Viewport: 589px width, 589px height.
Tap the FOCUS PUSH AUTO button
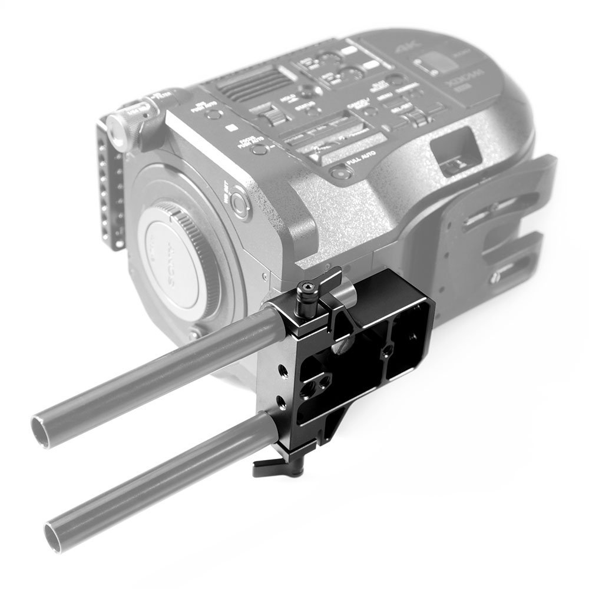tap(257, 148)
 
